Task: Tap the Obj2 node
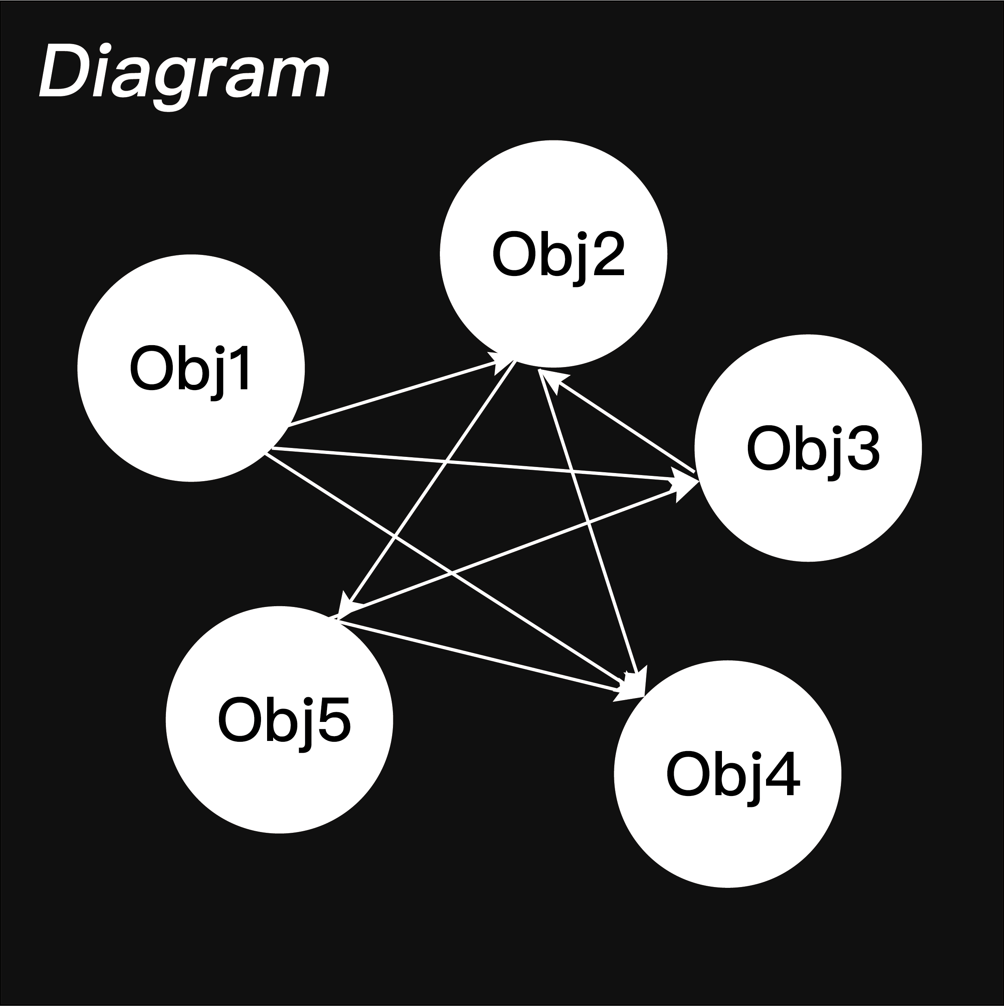[553, 254]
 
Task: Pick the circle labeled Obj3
[808, 448]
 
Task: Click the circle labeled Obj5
[279, 719]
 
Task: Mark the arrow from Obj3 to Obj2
[620, 422]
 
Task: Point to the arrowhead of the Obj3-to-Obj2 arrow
[552, 377]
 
